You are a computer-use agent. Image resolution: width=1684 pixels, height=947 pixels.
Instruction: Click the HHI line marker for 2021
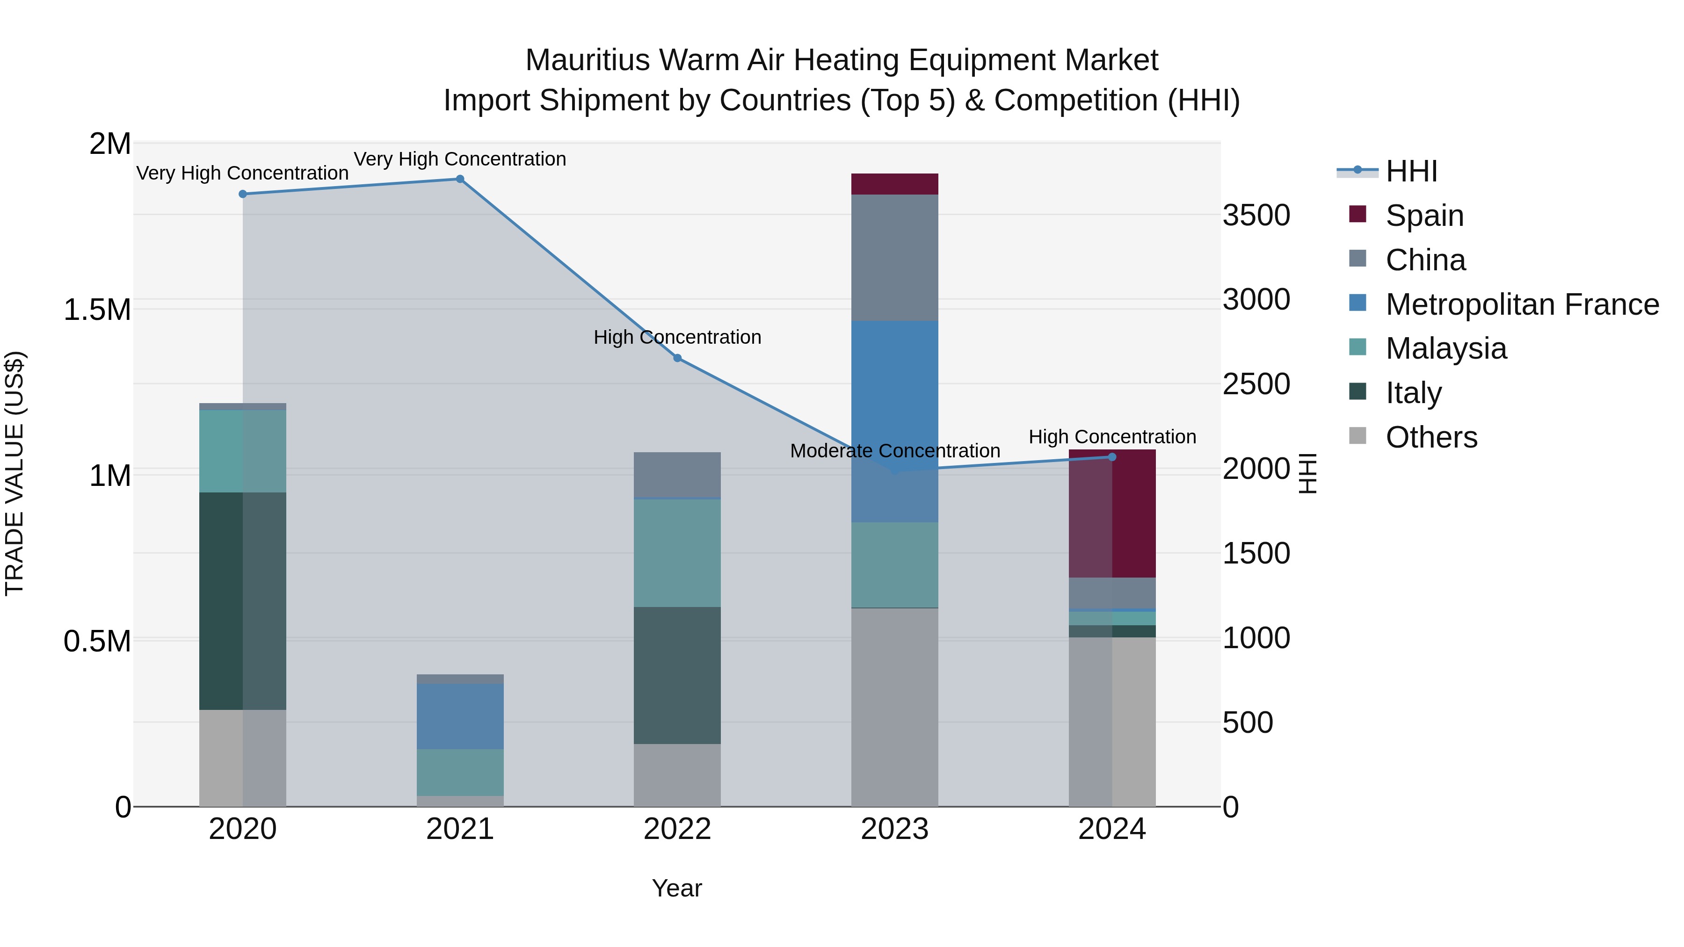point(459,179)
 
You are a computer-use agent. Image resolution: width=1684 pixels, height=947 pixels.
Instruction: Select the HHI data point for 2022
point(677,358)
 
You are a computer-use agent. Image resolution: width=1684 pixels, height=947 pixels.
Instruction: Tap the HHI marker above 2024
point(1112,457)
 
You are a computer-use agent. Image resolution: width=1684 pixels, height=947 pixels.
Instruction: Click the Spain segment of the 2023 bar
point(894,184)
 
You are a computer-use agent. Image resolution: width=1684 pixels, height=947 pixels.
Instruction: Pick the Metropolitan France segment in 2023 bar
point(894,421)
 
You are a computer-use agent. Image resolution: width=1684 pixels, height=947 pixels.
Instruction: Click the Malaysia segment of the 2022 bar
point(677,553)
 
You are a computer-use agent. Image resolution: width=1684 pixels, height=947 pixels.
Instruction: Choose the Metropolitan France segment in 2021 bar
point(459,716)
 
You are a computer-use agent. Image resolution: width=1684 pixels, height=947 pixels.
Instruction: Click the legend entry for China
point(1425,260)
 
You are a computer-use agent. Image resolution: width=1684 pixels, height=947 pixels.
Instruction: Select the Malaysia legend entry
point(1445,348)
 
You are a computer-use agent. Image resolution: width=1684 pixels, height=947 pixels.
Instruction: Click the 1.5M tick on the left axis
point(97,310)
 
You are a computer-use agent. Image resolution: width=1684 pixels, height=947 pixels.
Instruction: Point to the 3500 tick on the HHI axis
point(1256,216)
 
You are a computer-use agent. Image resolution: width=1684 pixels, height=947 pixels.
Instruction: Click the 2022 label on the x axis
point(677,829)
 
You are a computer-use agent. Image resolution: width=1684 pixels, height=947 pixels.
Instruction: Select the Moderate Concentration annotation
point(894,451)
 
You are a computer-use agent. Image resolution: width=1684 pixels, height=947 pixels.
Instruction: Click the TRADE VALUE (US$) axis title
point(15,473)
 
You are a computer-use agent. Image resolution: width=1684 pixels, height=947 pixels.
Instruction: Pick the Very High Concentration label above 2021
point(459,159)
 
